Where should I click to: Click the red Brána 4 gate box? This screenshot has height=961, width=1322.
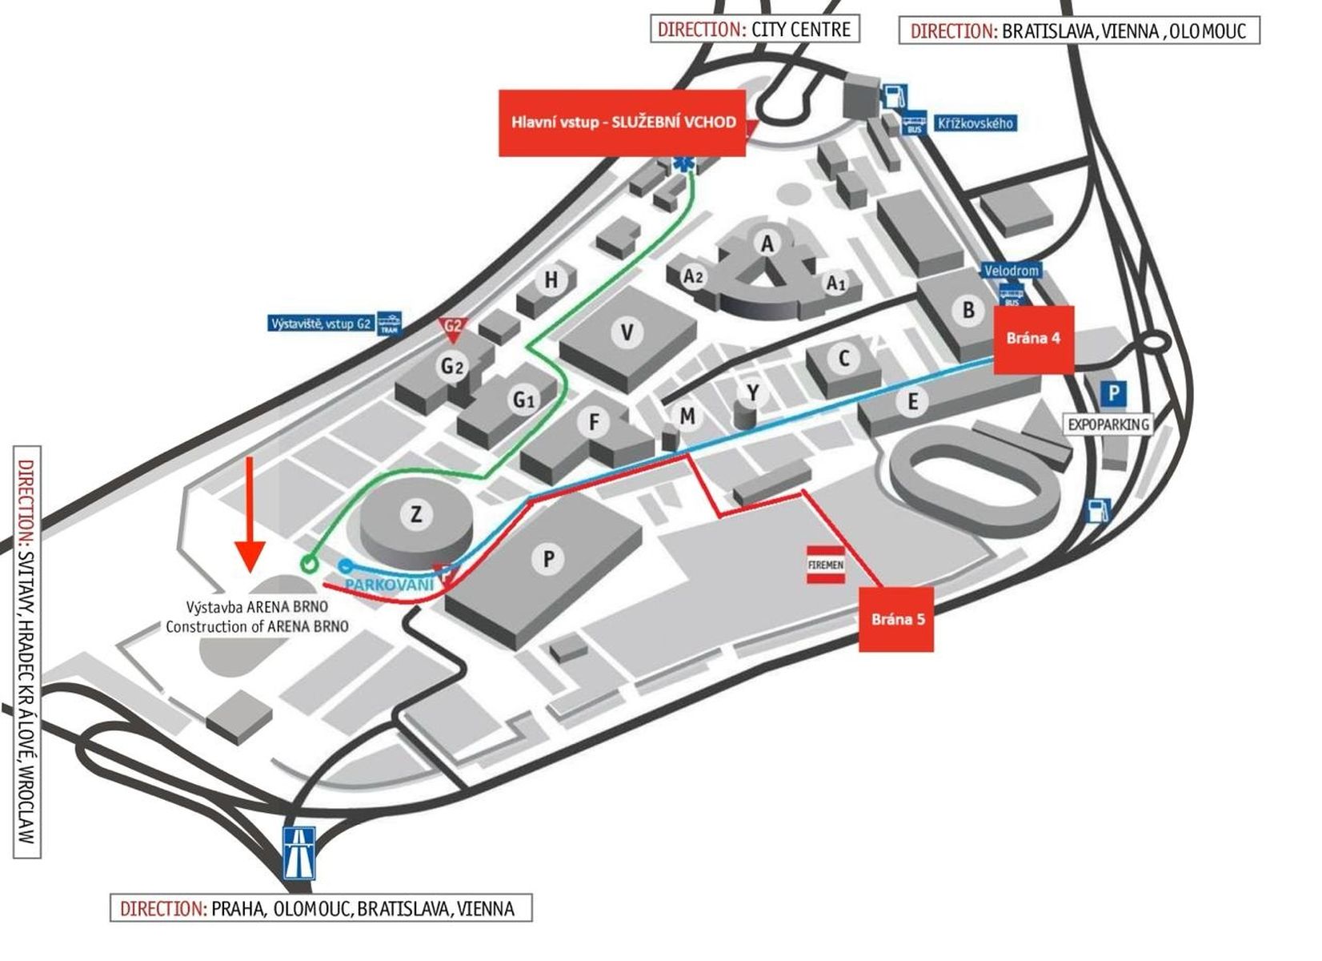(x=1033, y=340)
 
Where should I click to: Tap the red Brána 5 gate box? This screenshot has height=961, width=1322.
(x=896, y=619)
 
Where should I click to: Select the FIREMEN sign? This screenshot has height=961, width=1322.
(x=826, y=565)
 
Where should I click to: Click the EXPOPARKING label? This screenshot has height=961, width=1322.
(x=1108, y=424)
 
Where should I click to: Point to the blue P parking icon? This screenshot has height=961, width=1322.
(x=1114, y=394)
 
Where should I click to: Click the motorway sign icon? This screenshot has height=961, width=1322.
(x=299, y=854)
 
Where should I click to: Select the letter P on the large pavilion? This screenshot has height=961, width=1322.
(x=549, y=558)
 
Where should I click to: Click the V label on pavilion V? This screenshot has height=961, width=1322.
(x=627, y=332)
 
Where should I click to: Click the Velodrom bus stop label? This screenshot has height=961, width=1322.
(x=1011, y=271)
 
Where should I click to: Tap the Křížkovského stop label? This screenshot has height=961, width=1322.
(x=975, y=123)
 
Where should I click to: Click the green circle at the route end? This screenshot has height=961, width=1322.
(x=309, y=564)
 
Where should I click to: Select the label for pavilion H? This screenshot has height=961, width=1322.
(x=551, y=280)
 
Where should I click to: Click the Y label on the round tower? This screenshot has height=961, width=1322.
(x=752, y=392)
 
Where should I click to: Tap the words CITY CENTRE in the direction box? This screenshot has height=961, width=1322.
(x=801, y=30)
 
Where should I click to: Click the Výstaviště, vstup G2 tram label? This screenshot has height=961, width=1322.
(x=321, y=324)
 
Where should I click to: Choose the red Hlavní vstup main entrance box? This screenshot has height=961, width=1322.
(x=622, y=123)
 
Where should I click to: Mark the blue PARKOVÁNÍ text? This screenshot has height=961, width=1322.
(x=390, y=584)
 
